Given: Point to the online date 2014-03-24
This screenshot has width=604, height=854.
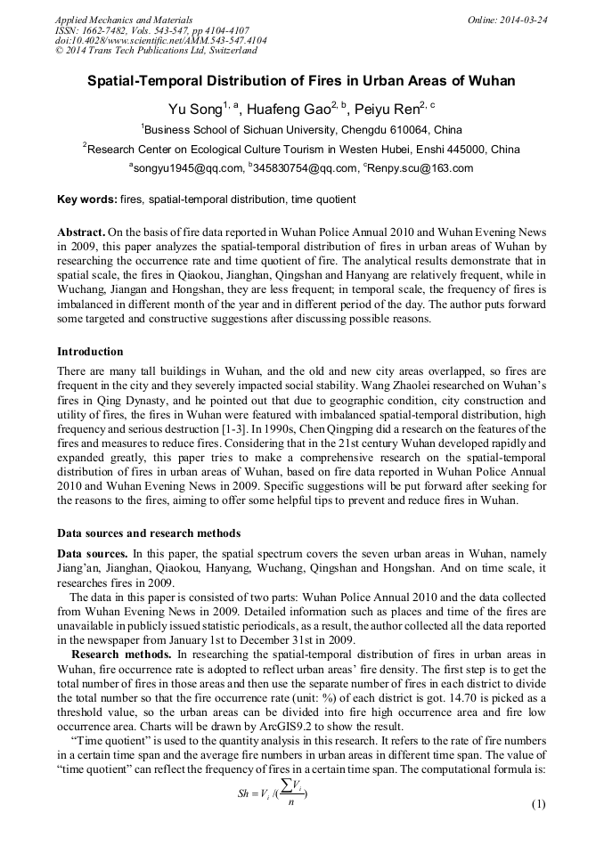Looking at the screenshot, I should pyautogui.click(x=525, y=20).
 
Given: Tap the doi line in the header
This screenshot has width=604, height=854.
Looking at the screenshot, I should pyautogui.click(x=160, y=41).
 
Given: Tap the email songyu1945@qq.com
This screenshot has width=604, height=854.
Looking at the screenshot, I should pyautogui.click(x=188, y=167).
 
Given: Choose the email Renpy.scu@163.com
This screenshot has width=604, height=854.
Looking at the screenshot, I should pyautogui.click(x=420, y=167).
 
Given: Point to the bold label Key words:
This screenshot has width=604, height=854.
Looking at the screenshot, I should pyautogui.click(x=86, y=199).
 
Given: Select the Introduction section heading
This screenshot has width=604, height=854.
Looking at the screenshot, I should pyautogui.click(x=90, y=351).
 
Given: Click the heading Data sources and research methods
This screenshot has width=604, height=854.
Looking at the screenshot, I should pyautogui.click(x=149, y=534).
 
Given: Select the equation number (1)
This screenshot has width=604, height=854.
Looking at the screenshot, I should pyautogui.click(x=537, y=804).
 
